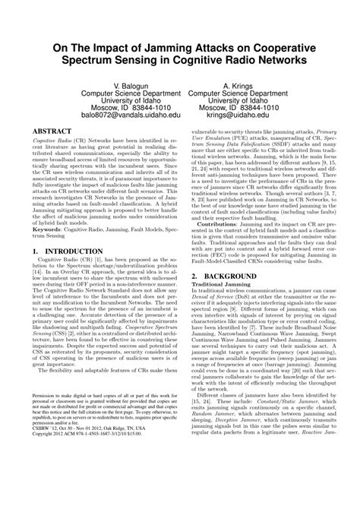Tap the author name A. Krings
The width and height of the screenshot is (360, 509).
(x=237, y=87)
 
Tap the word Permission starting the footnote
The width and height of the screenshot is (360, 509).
(x=46, y=439)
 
